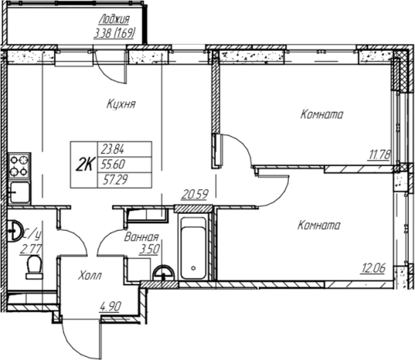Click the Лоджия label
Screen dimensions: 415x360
pyautogui.click(x=114, y=19)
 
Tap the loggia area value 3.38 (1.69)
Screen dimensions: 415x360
pyautogui.click(x=115, y=34)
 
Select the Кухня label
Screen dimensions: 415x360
pyautogui.click(x=121, y=104)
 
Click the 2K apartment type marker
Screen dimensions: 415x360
pyautogui.click(x=85, y=165)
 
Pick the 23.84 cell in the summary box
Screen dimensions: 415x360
pyautogui.click(x=112, y=150)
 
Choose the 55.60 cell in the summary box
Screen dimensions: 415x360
pyautogui.click(x=113, y=165)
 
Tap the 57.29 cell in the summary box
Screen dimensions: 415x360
pyautogui.click(x=115, y=180)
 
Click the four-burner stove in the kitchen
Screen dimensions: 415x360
pyautogui.click(x=19, y=166)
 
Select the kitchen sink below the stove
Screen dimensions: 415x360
pyautogui.click(x=19, y=192)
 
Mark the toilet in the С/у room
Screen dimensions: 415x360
pyautogui.click(x=34, y=267)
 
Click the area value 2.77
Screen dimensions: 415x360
pyautogui.click(x=30, y=249)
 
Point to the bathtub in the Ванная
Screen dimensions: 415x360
pyautogui.click(x=194, y=248)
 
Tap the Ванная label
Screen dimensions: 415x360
pyautogui.click(x=141, y=237)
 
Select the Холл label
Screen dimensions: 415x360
pyautogui.click(x=90, y=275)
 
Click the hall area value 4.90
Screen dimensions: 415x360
pyautogui.click(x=111, y=306)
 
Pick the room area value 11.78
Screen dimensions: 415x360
pyautogui.click(x=379, y=155)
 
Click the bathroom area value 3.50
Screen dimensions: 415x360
pyautogui.click(x=149, y=249)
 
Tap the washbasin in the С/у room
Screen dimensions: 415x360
pyautogui.click(x=15, y=231)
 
